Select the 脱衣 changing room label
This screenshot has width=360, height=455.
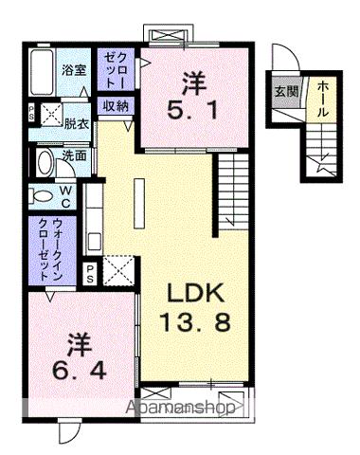pyautogui.click(x=76, y=122)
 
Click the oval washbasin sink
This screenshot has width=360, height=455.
pyautogui.click(x=43, y=162)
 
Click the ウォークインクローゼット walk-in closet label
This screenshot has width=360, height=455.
pyautogui.click(x=45, y=248)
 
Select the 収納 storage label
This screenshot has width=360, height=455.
pyautogui.click(x=117, y=105)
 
